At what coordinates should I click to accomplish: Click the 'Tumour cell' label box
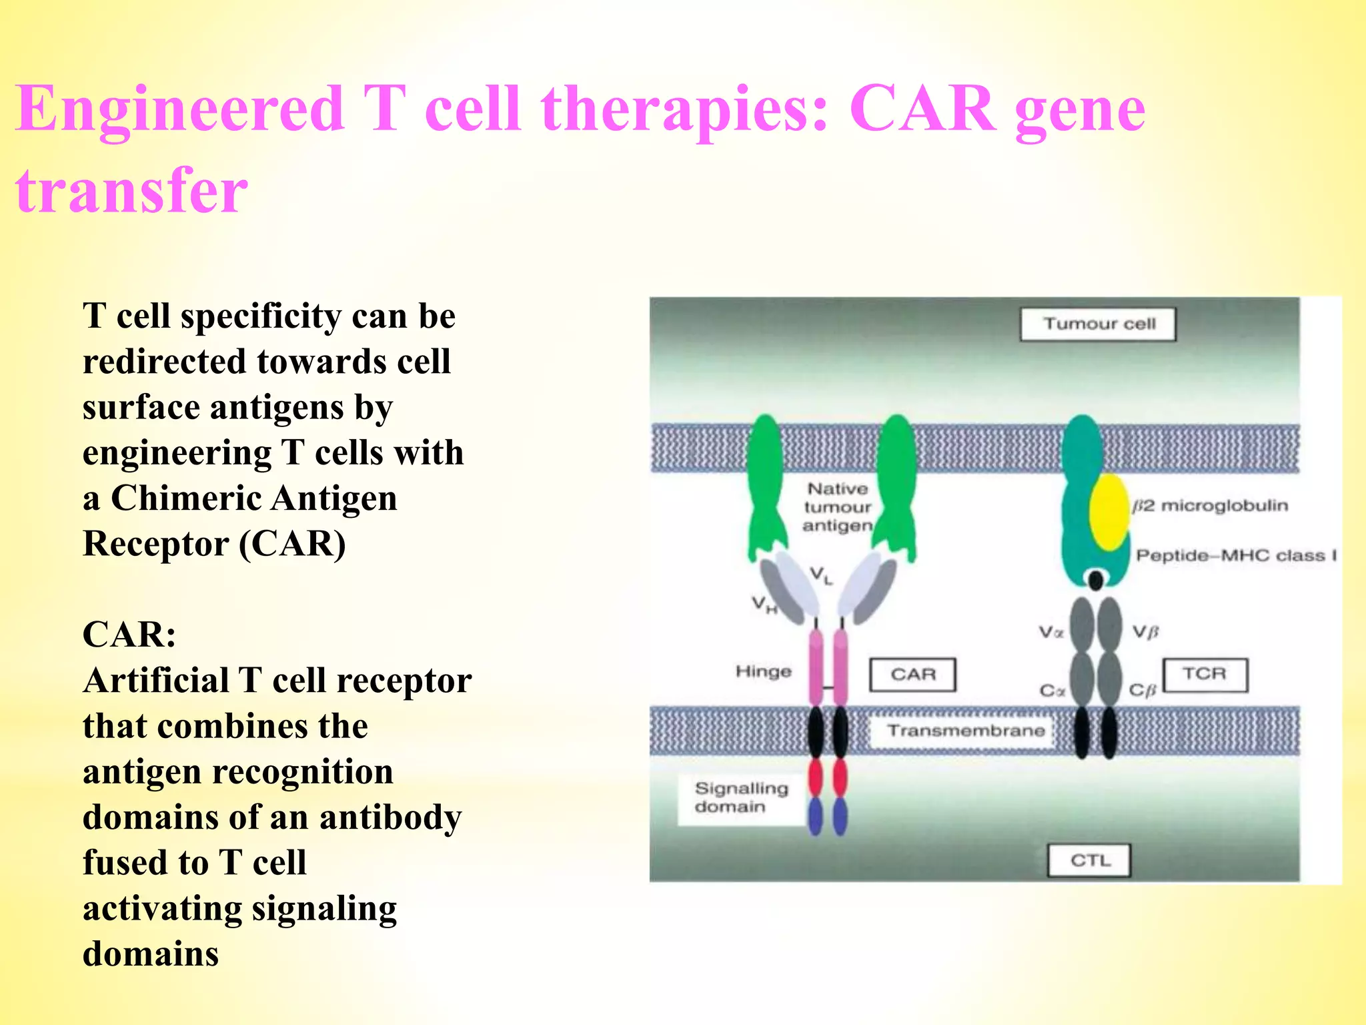(x=1098, y=324)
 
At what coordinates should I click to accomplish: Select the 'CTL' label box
(x=1089, y=860)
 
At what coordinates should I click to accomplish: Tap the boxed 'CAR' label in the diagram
(x=912, y=675)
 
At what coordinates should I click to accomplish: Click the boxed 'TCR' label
(x=1205, y=674)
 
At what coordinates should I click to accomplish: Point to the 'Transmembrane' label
(x=965, y=731)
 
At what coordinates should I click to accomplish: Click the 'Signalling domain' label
(x=740, y=797)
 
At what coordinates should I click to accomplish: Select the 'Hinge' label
(x=763, y=671)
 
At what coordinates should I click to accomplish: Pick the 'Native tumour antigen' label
(x=837, y=507)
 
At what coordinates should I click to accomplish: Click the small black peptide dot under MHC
(x=1095, y=580)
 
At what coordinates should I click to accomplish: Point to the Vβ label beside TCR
(x=1145, y=632)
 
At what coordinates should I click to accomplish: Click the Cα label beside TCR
(x=1052, y=691)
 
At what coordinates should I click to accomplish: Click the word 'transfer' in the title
(x=131, y=191)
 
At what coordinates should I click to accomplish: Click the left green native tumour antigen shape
(x=765, y=487)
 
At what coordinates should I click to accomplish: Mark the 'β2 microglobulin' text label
(x=1211, y=506)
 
